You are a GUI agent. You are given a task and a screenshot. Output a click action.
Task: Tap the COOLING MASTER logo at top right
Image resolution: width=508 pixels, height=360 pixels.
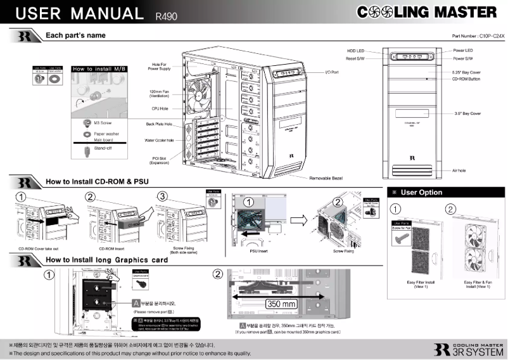pos(427,12)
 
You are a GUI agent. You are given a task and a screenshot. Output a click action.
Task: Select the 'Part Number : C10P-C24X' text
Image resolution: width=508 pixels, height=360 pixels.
pos(478,37)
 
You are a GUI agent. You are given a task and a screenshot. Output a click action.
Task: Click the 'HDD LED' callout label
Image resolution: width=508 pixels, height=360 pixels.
pos(355,50)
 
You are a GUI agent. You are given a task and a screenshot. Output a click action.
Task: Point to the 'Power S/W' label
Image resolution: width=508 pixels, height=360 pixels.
pos(463,58)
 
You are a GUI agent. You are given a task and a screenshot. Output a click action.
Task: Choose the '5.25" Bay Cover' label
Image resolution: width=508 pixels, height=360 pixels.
pos(466,72)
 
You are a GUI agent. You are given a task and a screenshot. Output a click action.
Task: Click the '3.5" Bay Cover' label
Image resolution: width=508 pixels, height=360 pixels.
pos(467,113)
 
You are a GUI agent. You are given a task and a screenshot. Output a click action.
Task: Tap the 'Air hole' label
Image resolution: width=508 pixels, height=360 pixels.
pos(459,170)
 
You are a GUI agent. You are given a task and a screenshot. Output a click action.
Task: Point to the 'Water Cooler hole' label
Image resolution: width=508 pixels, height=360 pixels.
pos(159,140)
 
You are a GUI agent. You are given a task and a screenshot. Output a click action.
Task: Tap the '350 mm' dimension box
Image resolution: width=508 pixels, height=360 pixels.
pos(281,304)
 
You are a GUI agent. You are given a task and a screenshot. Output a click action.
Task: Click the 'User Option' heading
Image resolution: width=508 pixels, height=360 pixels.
pos(422,192)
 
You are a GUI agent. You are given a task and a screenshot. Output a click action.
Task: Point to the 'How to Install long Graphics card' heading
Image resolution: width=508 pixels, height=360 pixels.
pos(106,260)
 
